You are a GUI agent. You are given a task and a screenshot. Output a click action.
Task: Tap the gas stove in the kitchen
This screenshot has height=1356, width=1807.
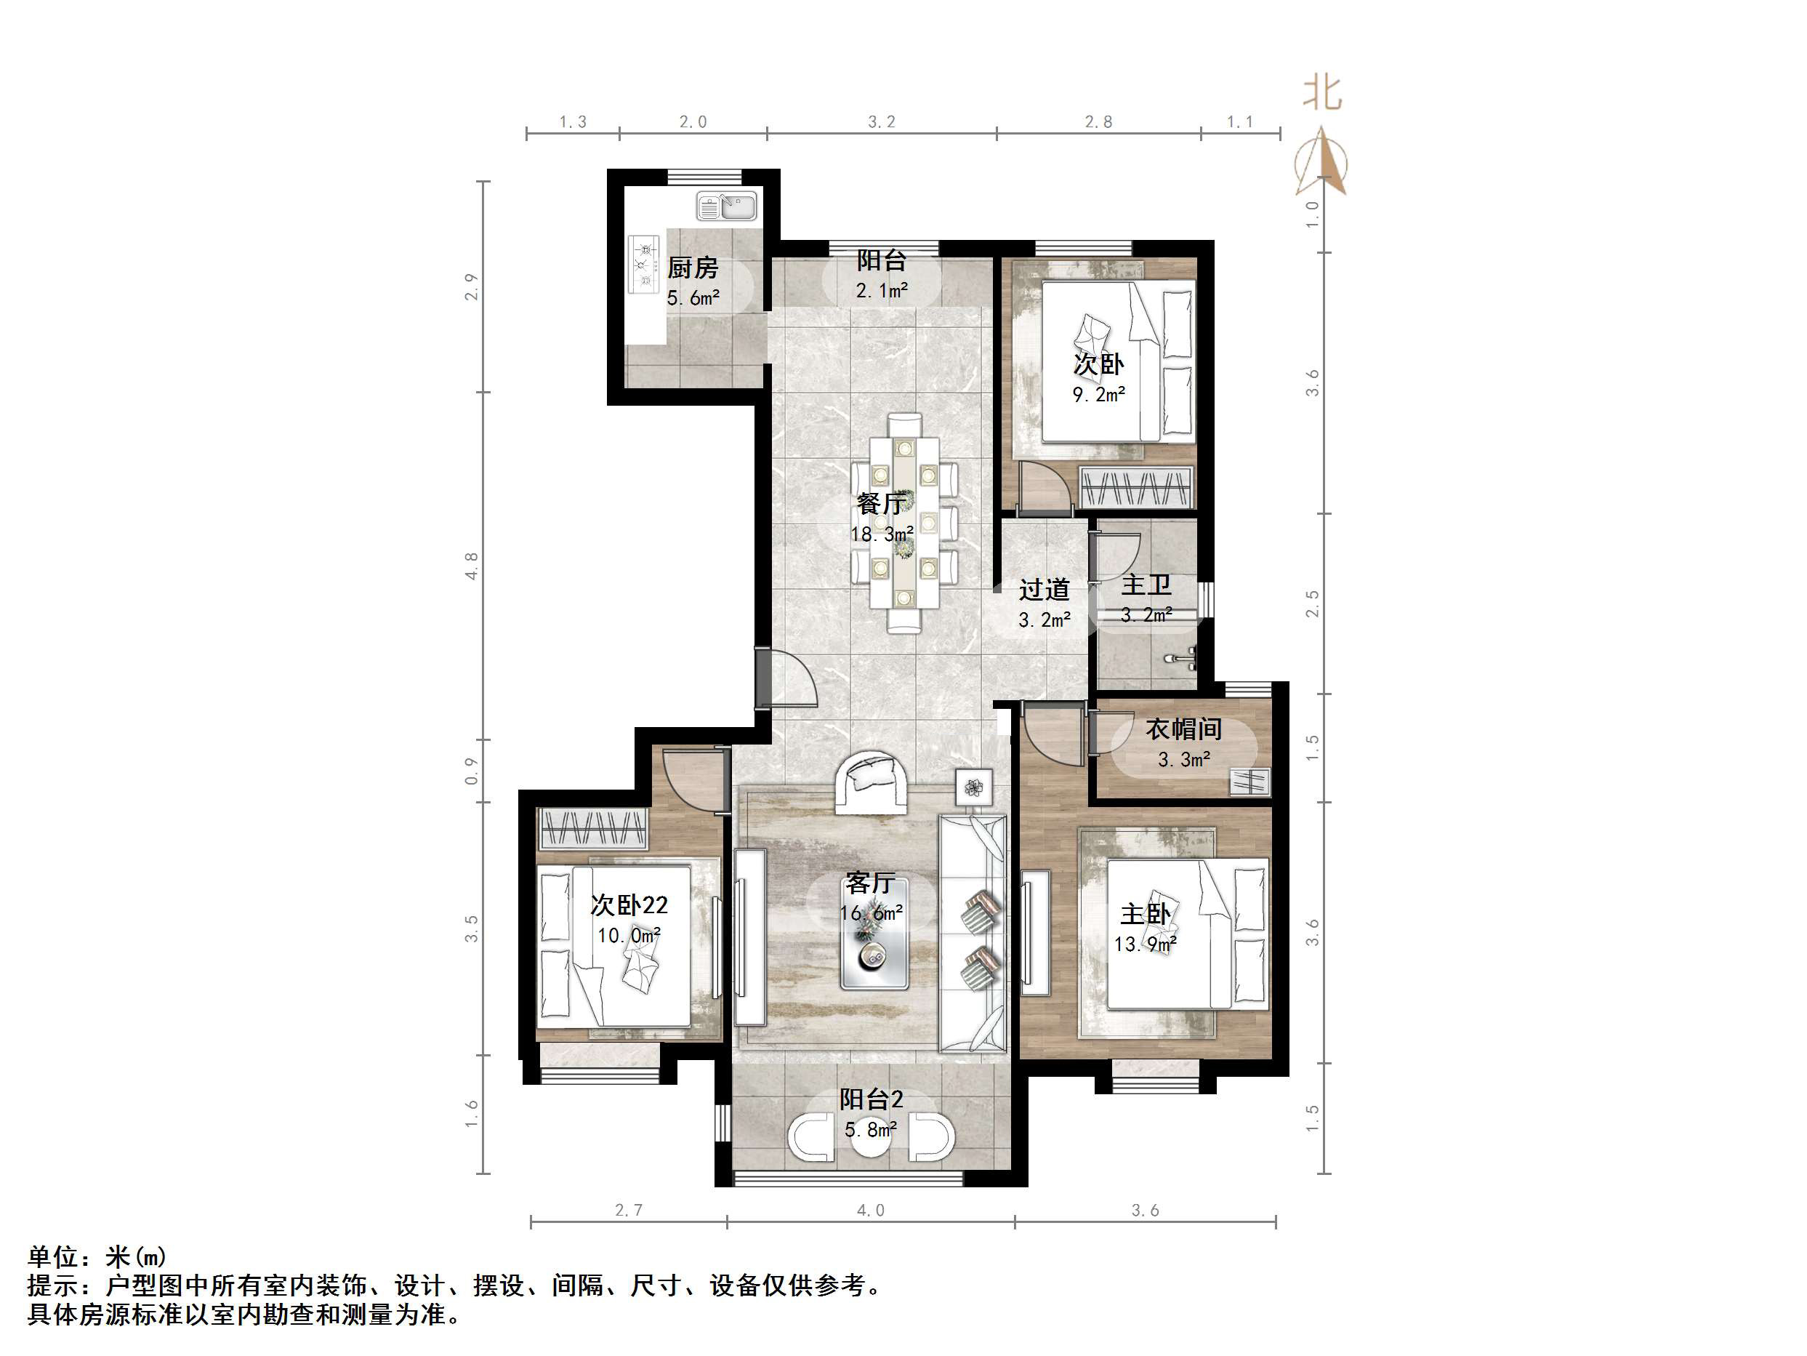[x=644, y=263]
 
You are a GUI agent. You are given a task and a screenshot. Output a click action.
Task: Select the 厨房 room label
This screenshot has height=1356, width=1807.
[x=693, y=268]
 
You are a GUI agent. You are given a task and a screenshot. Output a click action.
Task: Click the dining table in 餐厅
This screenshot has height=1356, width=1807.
[x=903, y=523]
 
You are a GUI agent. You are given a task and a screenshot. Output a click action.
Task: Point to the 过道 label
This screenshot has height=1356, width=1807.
[x=1044, y=590]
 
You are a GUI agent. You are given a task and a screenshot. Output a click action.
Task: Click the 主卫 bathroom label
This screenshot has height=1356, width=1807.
[x=1146, y=585]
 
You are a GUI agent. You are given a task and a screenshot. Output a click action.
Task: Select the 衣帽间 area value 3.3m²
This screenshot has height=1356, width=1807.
[x=1183, y=760]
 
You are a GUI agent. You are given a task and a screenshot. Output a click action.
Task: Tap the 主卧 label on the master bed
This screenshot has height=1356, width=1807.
[x=1146, y=914]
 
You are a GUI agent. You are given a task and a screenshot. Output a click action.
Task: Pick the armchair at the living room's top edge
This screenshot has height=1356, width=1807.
[x=871, y=782]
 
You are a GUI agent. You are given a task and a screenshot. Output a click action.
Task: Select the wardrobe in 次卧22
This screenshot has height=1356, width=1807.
[x=593, y=829]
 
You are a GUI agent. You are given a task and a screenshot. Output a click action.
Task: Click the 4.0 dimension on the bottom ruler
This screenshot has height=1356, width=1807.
[x=870, y=1211]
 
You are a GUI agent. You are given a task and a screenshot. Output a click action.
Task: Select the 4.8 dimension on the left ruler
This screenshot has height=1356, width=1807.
[x=471, y=566]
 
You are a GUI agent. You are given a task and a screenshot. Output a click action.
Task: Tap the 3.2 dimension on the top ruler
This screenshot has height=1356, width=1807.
[x=882, y=122]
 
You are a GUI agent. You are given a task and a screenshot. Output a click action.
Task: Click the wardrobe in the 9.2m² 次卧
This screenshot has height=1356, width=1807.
[x=1135, y=487]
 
